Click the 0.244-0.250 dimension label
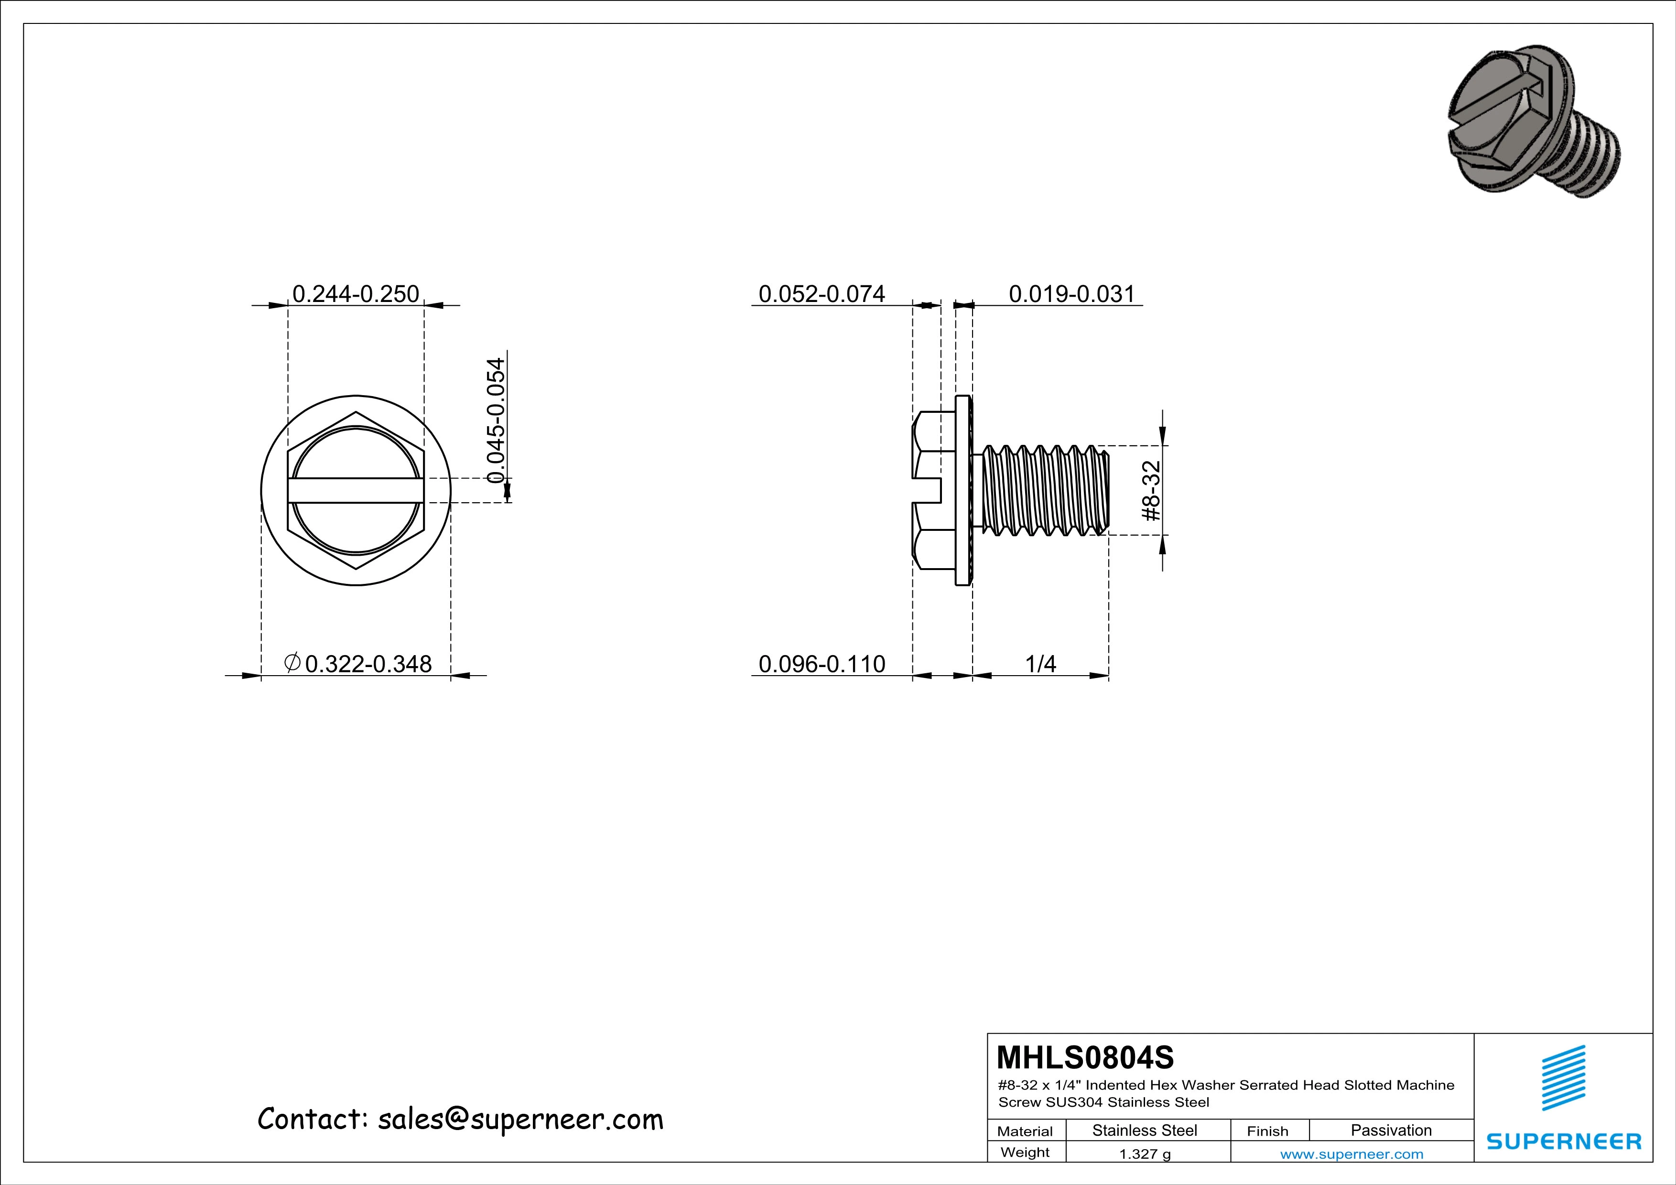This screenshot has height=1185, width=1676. coord(356,294)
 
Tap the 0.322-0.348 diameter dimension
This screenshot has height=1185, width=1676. coord(368,664)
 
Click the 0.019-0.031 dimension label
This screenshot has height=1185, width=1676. coord(1071,294)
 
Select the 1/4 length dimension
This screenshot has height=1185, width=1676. coord(1040,664)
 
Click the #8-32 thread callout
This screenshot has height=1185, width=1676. coord(1151,490)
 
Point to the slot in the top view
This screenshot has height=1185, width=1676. coord(356,490)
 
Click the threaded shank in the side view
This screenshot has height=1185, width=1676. coord(1044,490)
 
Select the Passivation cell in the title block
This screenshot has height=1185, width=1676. coord(1391,1130)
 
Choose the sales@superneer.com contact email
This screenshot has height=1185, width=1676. coord(520,1120)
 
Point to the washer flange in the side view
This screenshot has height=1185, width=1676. coord(963,490)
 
